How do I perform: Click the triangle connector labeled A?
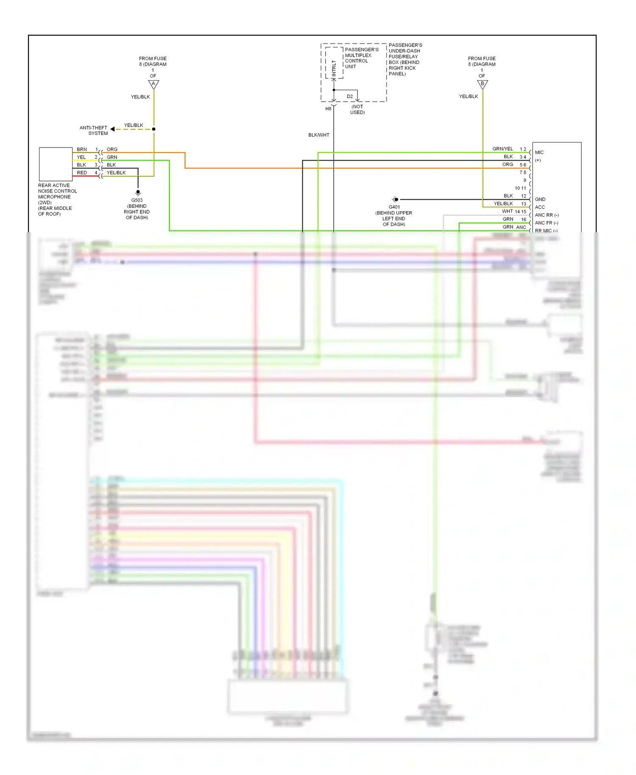(153, 84)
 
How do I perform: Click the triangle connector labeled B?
(483, 84)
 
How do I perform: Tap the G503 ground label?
(137, 201)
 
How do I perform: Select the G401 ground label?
(394, 207)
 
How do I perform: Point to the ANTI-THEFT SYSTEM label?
(94, 131)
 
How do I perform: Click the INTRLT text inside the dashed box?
(334, 68)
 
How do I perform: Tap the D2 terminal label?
(350, 97)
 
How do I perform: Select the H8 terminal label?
(328, 109)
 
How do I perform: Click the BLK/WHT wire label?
(319, 135)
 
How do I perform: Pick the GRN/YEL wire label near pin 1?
(502, 149)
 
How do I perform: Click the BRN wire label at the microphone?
(82, 150)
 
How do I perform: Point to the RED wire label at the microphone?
(82, 173)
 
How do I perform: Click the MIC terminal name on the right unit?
(539, 153)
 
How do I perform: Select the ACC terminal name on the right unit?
(540, 207)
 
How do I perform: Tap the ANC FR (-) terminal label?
(547, 223)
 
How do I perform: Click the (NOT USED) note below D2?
(357, 109)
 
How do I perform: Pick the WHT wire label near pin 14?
(507, 212)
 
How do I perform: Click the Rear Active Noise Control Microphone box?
(56, 164)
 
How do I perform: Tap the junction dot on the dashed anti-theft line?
(153, 129)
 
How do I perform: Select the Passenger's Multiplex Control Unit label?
(361, 58)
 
